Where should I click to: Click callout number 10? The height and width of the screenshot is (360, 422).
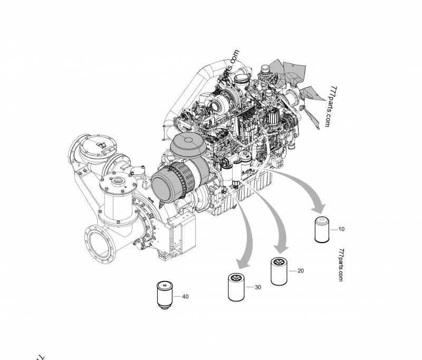tap(341, 229)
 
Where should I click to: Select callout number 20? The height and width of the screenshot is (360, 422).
tap(301, 270)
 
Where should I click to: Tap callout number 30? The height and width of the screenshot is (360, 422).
tap(258, 287)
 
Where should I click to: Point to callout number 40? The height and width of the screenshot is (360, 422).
tap(185, 297)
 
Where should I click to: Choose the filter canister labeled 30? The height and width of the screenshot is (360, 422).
tap(236, 288)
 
